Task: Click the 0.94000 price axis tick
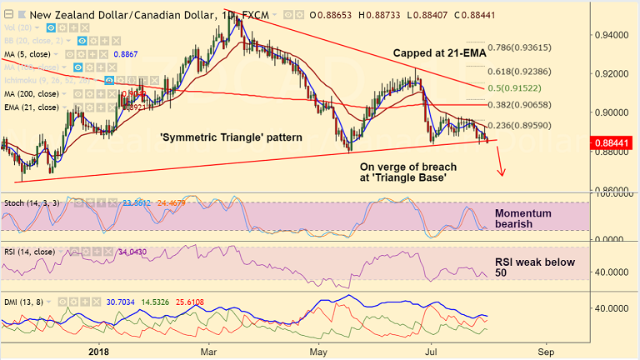pos(612,35)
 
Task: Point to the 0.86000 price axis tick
pos(612,191)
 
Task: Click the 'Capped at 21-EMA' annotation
pos(439,53)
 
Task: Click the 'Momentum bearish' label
pos(522,219)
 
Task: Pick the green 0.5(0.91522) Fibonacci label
pos(520,87)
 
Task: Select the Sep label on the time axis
pos(547,352)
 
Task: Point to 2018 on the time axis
pos(98,352)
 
